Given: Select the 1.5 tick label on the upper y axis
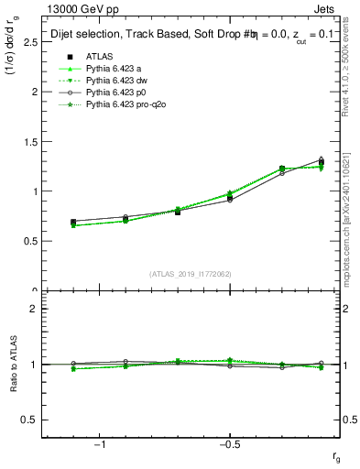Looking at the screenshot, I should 28,142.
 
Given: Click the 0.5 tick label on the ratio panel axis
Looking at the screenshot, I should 28,420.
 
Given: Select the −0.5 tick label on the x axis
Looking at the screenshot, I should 228,443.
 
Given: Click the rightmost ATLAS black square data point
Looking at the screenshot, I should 321,163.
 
